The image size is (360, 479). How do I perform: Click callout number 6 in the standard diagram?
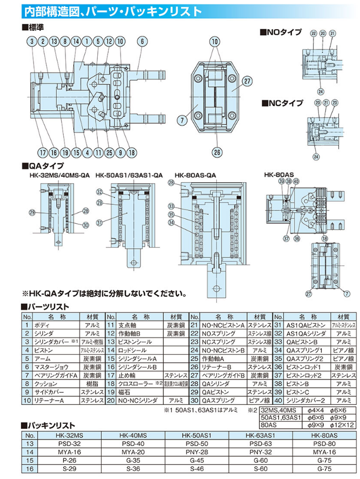tap(142, 42)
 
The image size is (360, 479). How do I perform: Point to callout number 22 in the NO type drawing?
tap(314, 34)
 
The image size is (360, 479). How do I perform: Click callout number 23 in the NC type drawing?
tap(335, 102)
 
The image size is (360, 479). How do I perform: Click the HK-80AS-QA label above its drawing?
tap(196, 175)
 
